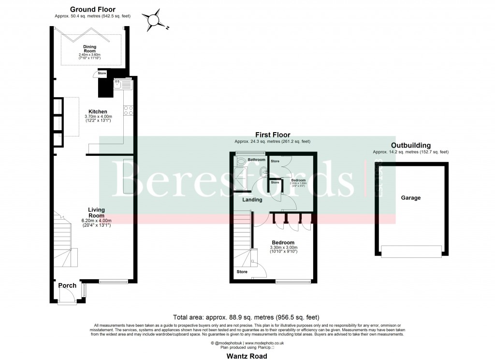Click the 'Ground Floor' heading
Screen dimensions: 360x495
(x=93, y=9)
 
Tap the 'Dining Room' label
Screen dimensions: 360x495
(x=89, y=48)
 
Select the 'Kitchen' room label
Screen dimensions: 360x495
(x=98, y=112)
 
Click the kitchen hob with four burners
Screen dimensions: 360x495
(x=129, y=110)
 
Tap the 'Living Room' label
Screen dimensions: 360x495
(x=96, y=212)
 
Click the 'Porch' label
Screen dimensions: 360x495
(x=67, y=285)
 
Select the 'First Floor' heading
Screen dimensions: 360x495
(x=273, y=135)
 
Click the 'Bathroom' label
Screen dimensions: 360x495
(x=256, y=160)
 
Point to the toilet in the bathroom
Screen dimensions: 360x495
(x=242, y=162)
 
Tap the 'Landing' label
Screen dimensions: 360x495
(x=252, y=199)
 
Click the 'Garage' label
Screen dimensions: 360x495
(x=411, y=197)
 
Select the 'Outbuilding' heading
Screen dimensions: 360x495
(x=411, y=145)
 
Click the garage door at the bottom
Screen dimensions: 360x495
(x=411, y=251)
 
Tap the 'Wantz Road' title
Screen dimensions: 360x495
(x=247, y=356)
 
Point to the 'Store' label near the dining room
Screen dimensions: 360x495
(x=102, y=73)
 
